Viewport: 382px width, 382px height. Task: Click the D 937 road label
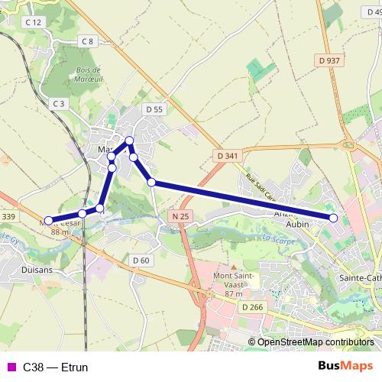pos(330,60)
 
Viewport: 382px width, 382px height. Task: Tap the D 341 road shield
pos(228,156)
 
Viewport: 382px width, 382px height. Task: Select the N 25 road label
pos(180,216)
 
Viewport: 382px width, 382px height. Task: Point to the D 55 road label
pos(154,110)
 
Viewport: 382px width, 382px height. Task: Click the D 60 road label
pos(140,260)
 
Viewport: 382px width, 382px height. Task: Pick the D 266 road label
pos(251,307)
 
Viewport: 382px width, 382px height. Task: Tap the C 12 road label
pos(32,23)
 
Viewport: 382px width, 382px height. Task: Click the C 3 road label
pos(59,102)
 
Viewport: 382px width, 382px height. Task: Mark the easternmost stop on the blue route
pos(334,219)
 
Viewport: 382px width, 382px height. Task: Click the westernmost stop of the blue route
pos(47,222)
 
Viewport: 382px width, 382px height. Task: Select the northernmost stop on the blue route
pos(130,140)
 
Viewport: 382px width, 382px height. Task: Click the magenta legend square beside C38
pos(11,367)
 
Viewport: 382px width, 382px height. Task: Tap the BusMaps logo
pos(344,367)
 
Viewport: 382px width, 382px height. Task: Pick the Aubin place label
pos(296,226)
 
